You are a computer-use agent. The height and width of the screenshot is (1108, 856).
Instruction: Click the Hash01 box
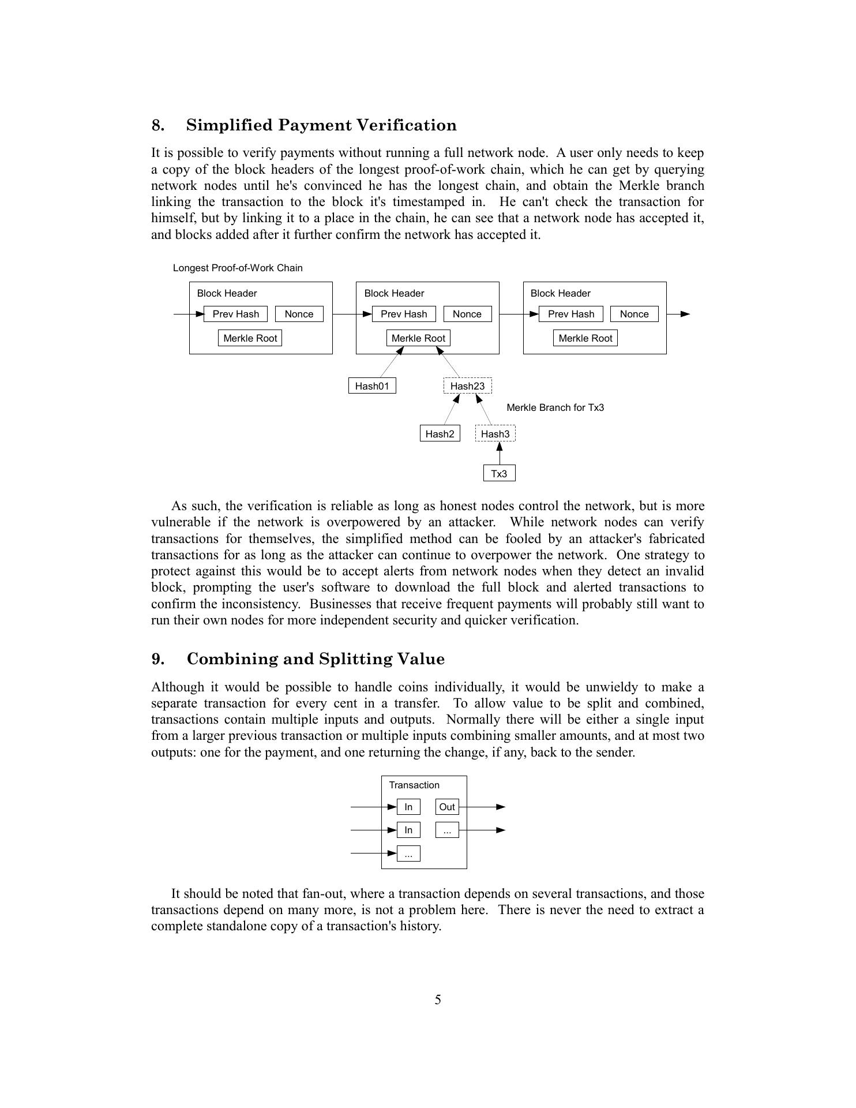[x=372, y=386]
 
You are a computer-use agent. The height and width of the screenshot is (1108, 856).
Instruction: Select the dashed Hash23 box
[x=467, y=386]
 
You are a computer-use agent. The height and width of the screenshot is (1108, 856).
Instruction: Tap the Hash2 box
[x=440, y=434]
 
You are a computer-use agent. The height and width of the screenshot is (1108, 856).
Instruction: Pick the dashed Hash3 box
[x=495, y=434]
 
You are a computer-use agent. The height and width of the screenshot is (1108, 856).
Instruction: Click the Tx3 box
[x=499, y=474]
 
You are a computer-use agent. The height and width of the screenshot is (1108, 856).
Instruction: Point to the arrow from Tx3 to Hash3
[x=499, y=454]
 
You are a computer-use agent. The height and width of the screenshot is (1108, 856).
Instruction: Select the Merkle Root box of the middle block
[x=418, y=338]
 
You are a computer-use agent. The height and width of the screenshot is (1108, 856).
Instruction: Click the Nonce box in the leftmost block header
[x=299, y=314]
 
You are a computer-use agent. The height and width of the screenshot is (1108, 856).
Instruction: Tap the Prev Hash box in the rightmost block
[x=570, y=314]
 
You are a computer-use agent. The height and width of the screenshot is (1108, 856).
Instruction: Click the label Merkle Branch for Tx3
[x=555, y=407]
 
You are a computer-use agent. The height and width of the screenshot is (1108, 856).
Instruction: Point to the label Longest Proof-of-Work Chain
[x=238, y=268]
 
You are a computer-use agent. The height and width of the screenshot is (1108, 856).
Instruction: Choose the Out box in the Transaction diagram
[x=447, y=807]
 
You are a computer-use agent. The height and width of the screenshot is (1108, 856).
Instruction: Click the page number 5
[x=438, y=1000]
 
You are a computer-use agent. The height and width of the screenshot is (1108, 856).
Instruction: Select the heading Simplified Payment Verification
[x=321, y=125]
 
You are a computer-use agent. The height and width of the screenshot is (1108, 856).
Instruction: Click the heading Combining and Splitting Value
[x=316, y=659]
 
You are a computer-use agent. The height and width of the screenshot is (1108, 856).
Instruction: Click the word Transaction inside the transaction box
[x=414, y=785]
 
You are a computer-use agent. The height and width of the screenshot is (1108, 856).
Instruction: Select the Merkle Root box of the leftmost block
[x=250, y=338]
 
